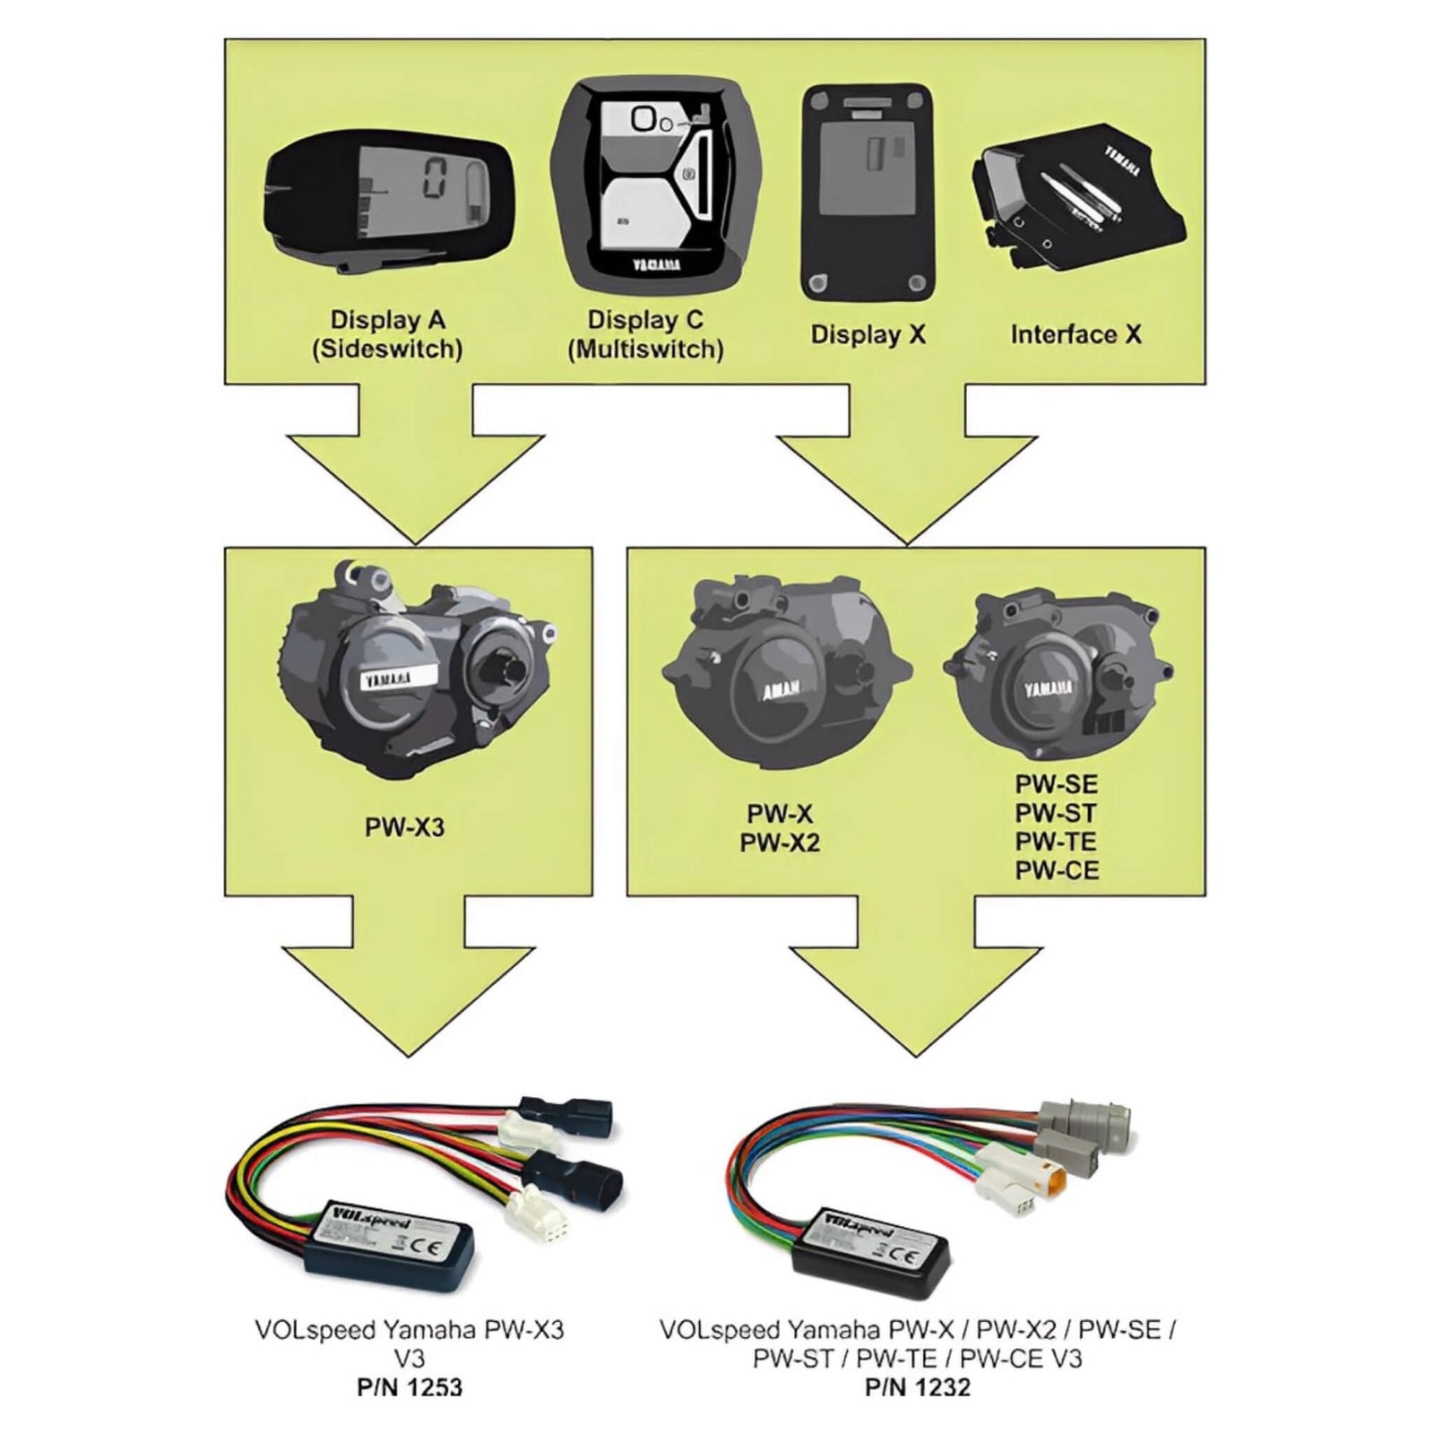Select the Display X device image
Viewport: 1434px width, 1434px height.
[x=866, y=193]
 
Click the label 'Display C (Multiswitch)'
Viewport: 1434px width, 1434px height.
[x=645, y=334]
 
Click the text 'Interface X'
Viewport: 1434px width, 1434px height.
[x=1075, y=334]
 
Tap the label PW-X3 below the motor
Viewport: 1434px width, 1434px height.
[x=404, y=827]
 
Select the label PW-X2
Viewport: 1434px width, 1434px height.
[x=780, y=843]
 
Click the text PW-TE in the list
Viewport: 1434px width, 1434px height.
[x=1056, y=842]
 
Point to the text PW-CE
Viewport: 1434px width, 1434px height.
[x=1057, y=870]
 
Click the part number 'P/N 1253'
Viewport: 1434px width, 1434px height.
[x=410, y=1387]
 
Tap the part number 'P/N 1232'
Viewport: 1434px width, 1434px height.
[x=918, y=1387]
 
